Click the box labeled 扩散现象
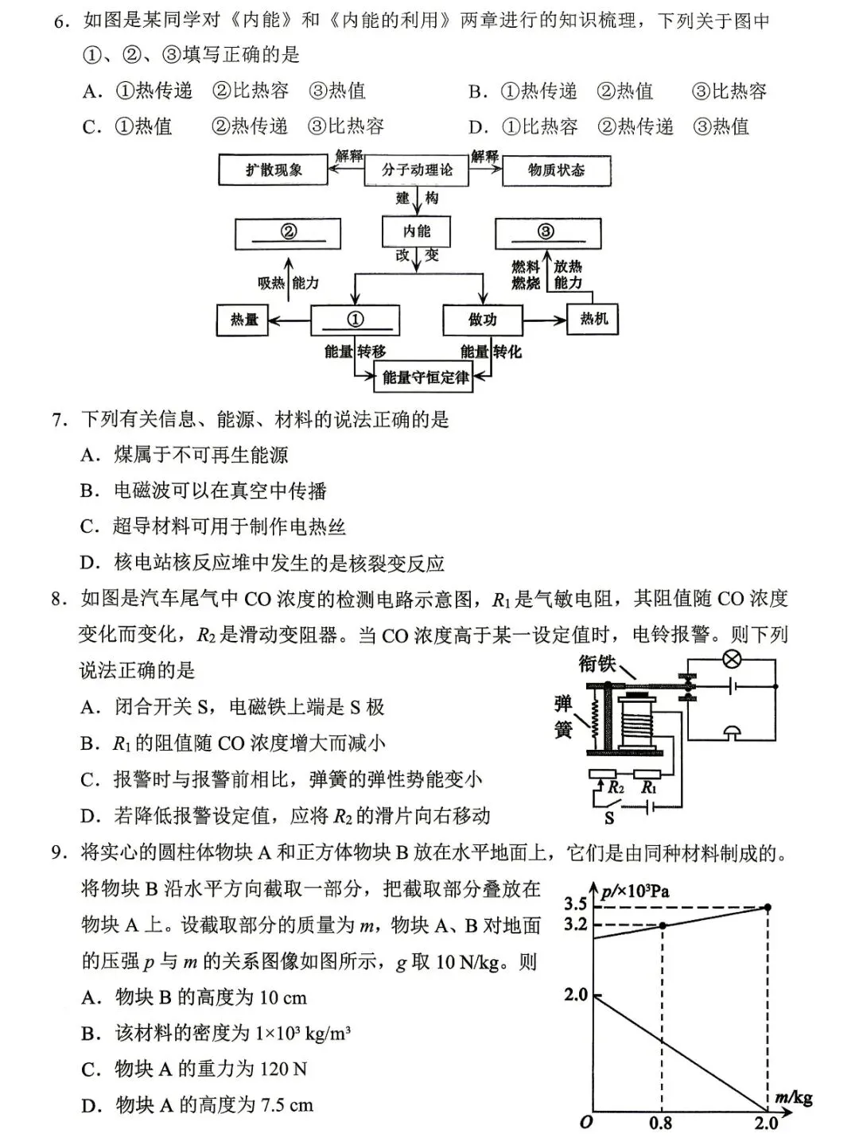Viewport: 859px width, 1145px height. coord(274,170)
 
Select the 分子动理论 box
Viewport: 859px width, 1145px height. coord(416,170)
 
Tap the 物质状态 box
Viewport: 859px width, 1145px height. coord(556,170)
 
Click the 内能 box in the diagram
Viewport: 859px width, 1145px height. coord(416,231)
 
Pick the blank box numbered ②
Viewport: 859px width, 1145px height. coord(288,232)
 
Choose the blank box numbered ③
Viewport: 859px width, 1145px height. coord(546,232)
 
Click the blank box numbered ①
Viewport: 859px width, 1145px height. coord(355,320)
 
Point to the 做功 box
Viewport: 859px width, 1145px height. coord(482,320)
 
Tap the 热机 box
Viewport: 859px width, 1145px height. coord(593,319)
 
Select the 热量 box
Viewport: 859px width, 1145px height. coord(244,320)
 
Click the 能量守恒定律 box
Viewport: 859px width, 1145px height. coord(424,377)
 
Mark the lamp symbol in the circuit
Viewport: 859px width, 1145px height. coord(731,659)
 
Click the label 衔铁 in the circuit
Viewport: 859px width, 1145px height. coord(597,662)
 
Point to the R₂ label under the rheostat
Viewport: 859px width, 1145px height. coord(615,788)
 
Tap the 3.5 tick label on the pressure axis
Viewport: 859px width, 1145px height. coord(575,903)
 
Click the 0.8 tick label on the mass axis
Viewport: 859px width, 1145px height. coord(660,1123)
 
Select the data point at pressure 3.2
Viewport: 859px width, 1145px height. coord(663,926)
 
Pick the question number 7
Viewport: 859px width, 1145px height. coord(59,419)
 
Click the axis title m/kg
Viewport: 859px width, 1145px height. coord(794,1098)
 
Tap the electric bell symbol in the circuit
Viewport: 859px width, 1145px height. coord(731,732)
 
